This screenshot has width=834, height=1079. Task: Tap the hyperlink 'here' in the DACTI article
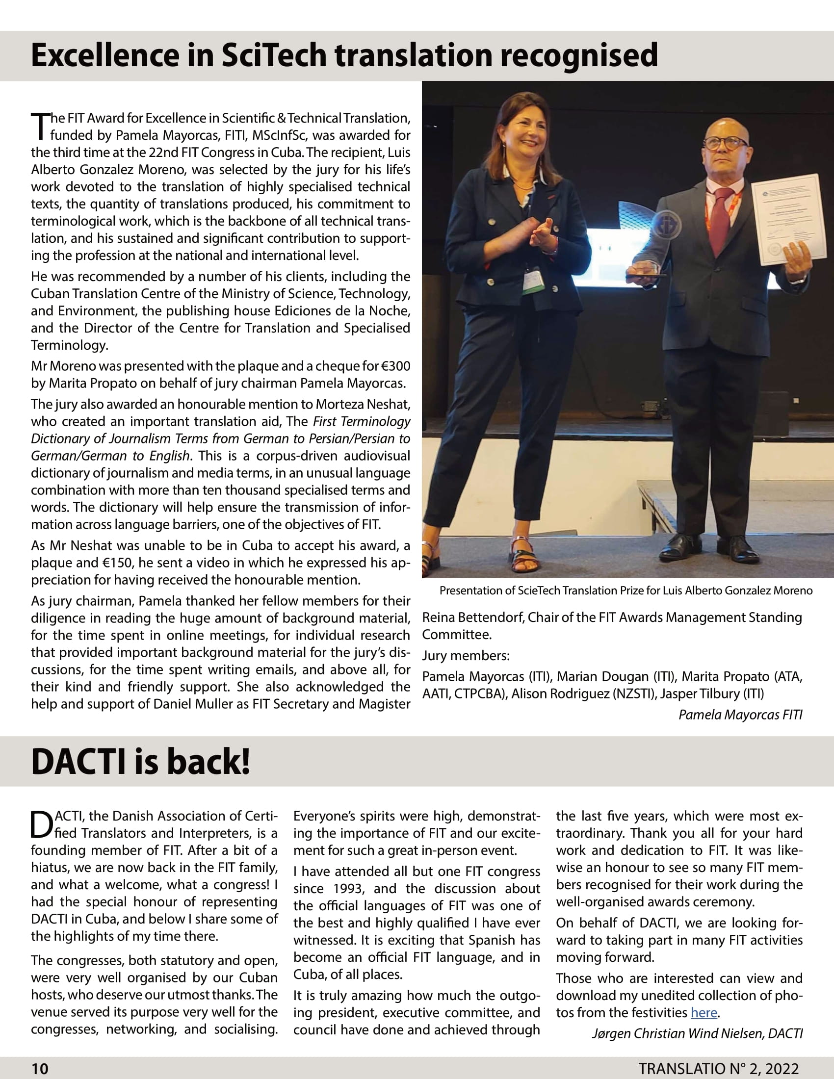tap(704, 1012)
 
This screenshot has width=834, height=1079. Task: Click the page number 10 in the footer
tap(40, 1069)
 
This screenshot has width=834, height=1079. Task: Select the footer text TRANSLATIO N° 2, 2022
tap(718, 1069)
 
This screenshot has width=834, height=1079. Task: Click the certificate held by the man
tap(788, 220)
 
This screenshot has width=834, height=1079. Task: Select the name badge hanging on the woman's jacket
tap(534, 280)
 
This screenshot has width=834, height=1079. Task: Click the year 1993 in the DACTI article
tap(348, 888)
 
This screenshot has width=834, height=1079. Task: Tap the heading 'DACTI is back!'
tap(141, 761)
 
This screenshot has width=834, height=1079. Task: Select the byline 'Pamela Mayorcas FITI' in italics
tap(740, 715)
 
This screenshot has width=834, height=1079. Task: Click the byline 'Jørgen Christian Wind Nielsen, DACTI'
tap(697, 1033)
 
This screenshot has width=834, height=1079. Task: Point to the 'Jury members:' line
tap(466, 656)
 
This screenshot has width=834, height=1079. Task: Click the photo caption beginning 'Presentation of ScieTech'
tap(625, 591)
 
